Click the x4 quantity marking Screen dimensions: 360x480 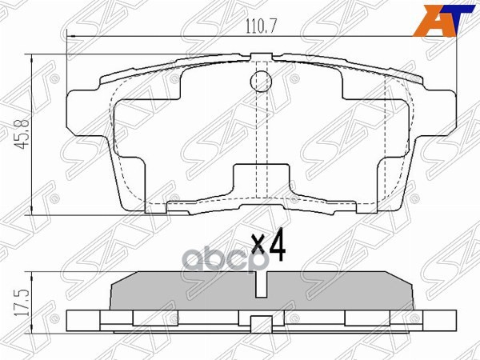268,248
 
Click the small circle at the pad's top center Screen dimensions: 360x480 261,81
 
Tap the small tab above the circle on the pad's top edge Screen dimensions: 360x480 261,57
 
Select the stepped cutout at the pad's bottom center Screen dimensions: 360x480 261,180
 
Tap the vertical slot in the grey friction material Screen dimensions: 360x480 261,285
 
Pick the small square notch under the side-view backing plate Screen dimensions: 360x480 261,324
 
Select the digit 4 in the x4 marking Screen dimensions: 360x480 277,248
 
